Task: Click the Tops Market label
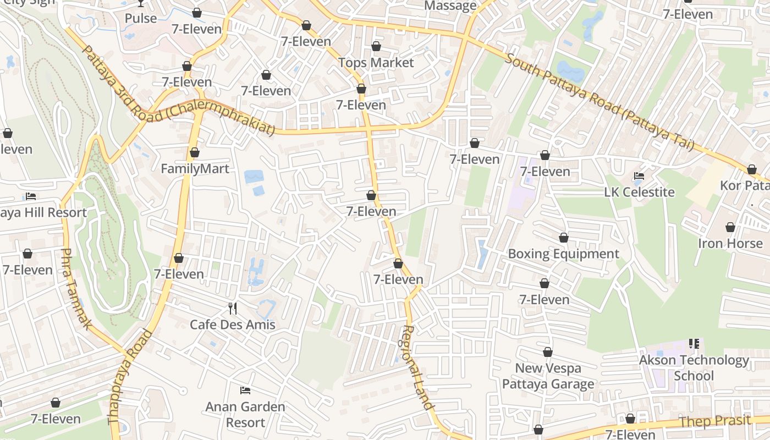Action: (x=376, y=63)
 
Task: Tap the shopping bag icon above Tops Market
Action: (x=376, y=46)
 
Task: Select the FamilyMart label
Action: (x=195, y=169)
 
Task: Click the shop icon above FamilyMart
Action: (x=194, y=152)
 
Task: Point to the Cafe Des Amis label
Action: (x=233, y=324)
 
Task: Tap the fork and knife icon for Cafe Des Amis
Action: (x=233, y=308)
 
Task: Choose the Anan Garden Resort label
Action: (x=245, y=415)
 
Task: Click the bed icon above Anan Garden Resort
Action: (x=245, y=391)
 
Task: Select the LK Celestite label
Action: (x=639, y=193)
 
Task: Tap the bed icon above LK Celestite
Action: (x=639, y=176)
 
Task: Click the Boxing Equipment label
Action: (x=563, y=254)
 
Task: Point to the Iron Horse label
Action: (x=730, y=244)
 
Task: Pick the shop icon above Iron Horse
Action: (x=730, y=227)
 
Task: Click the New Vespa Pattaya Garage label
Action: (x=548, y=376)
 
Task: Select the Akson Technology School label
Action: (x=694, y=368)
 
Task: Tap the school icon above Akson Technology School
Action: (x=694, y=344)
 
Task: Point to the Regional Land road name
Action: (x=416, y=367)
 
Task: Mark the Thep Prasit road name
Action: (x=715, y=422)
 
